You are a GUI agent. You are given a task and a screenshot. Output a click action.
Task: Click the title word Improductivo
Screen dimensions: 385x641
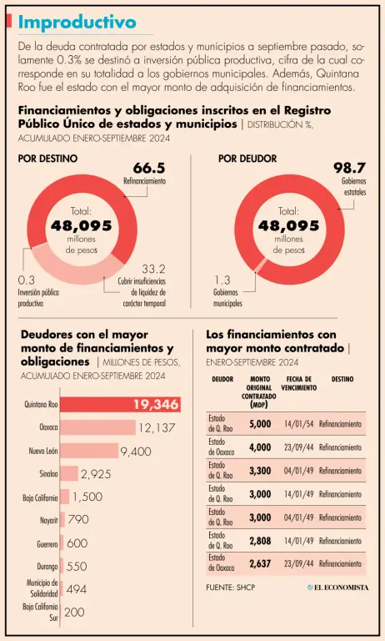pyautogui.click(x=77, y=22)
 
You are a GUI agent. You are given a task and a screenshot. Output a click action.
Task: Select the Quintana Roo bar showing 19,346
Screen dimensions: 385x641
pyautogui.click(x=121, y=404)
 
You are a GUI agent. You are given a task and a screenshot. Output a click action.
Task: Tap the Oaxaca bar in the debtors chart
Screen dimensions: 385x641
pyautogui.click(x=98, y=427)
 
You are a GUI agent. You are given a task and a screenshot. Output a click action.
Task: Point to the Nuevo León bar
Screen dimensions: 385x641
pyautogui.click(x=89, y=451)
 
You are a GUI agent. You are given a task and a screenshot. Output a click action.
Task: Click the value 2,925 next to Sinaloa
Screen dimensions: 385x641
pyautogui.click(x=96, y=474)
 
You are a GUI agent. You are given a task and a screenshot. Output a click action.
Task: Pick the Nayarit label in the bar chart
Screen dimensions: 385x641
pyautogui.click(x=49, y=521)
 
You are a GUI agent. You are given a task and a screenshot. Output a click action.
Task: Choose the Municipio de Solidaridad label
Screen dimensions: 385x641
pyautogui.click(x=42, y=588)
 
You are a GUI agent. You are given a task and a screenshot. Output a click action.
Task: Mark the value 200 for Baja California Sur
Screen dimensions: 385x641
pyautogui.click(x=75, y=612)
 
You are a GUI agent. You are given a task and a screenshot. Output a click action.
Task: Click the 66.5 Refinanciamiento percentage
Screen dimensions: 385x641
pyautogui.click(x=149, y=168)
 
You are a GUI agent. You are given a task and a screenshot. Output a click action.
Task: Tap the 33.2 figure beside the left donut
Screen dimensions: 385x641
pyautogui.click(x=154, y=270)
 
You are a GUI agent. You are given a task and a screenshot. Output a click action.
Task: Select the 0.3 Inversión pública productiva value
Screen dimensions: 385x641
pyautogui.click(x=27, y=280)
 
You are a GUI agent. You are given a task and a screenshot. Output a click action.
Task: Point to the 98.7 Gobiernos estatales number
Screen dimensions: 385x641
pyautogui.click(x=349, y=168)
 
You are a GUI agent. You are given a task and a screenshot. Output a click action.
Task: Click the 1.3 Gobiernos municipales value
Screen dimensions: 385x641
pyautogui.click(x=222, y=280)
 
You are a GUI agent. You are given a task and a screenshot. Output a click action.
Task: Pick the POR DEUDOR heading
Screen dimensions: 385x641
pyautogui.click(x=247, y=159)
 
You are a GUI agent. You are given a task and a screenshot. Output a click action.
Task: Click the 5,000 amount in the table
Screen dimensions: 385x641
pyautogui.click(x=260, y=424)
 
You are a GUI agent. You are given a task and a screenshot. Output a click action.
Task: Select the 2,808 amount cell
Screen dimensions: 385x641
pyautogui.click(x=260, y=541)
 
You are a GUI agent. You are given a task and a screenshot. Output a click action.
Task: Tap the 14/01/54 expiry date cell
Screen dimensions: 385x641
pyautogui.click(x=299, y=424)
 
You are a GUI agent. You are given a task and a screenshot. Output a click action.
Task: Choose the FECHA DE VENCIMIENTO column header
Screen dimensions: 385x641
pyautogui.click(x=299, y=383)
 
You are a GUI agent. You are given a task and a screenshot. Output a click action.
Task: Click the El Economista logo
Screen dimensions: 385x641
pyautogui.click(x=338, y=588)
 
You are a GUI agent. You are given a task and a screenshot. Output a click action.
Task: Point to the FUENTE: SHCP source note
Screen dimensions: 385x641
pyautogui.click(x=231, y=588)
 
